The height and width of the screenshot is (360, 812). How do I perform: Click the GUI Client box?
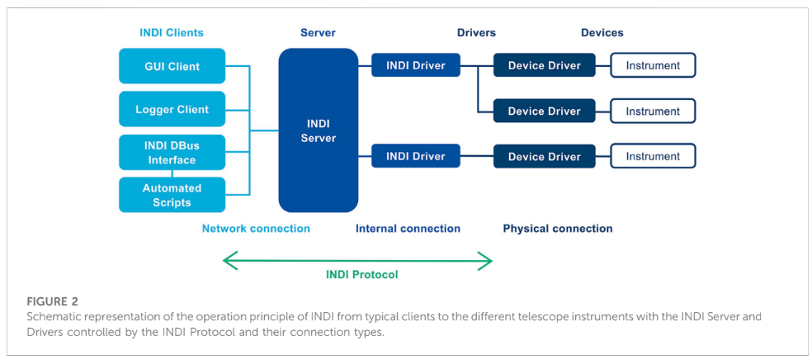coord(172,66)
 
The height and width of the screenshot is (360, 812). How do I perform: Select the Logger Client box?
coord(172,109)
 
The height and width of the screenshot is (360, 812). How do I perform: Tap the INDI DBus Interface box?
coord(172,153)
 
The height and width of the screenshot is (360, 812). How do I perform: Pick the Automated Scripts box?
coord(172,195)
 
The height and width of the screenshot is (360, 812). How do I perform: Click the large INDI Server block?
coord(318,130)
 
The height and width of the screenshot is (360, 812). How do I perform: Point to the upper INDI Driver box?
coord(415,65)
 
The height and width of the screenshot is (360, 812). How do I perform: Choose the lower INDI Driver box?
coord(415,156)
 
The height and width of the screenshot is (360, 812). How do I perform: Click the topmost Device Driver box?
coord(544,65)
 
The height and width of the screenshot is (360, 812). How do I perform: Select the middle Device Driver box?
coord(544,111)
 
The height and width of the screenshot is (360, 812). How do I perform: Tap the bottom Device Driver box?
coord(544,156)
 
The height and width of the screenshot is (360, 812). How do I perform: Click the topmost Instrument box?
coord(653,65)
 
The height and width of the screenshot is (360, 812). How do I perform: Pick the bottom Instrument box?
coord(653,156)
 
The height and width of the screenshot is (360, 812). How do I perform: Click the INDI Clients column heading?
coord(171,33)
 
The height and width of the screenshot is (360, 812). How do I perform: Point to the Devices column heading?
coord(602,33)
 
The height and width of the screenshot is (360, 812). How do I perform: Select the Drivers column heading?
coord(476,33)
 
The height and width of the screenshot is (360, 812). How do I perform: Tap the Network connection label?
coord(256,229)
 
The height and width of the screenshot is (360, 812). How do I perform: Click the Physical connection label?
coord(558,229)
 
